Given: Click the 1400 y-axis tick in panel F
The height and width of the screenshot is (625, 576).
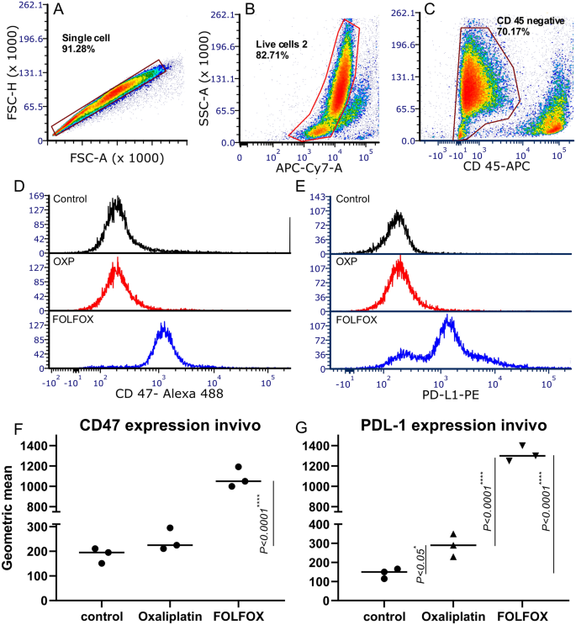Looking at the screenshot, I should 36,446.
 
